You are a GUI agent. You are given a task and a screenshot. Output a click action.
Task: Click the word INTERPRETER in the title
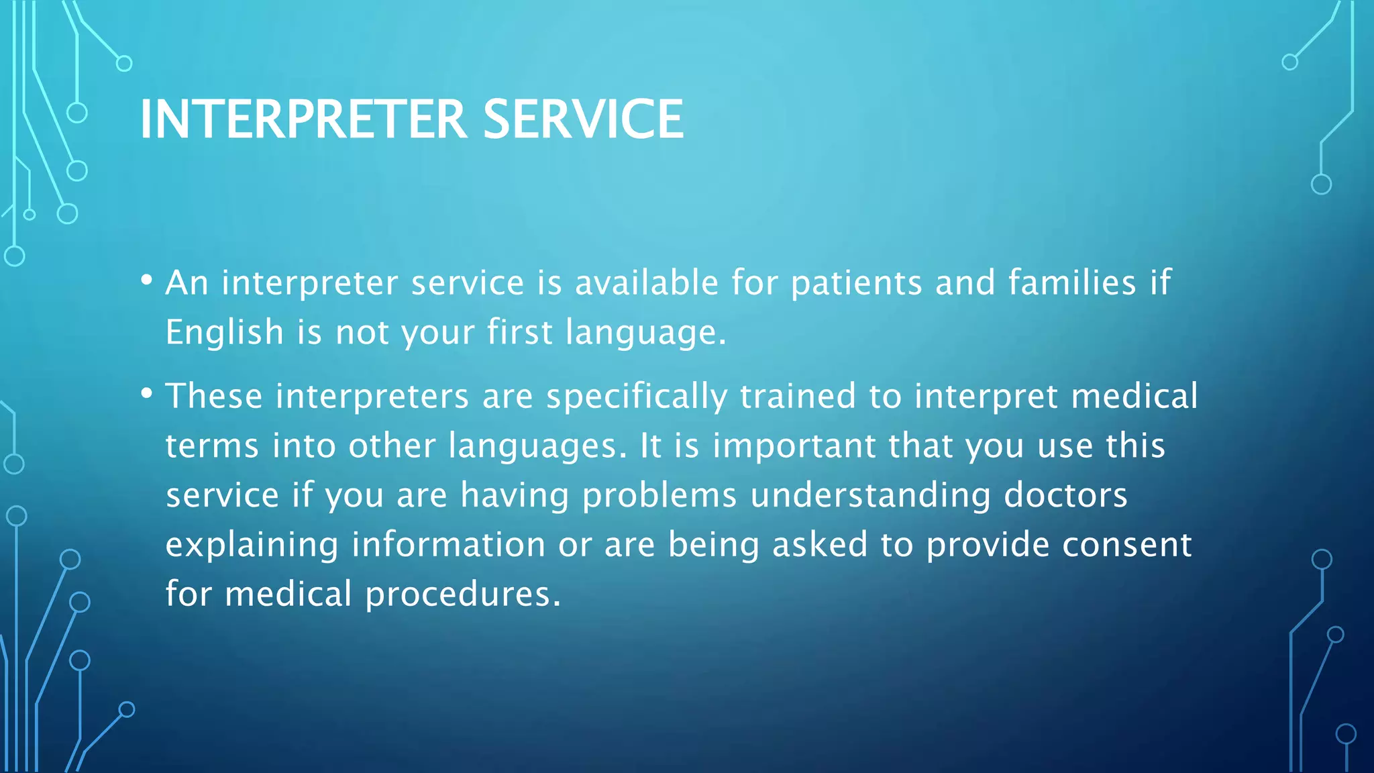(x=303, y=119)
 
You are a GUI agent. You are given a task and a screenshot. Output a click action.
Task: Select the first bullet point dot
(x=147, y=280)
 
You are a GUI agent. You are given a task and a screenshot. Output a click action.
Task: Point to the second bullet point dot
(x=147, y=394)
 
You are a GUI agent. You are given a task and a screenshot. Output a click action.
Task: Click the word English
(x=225, y=333)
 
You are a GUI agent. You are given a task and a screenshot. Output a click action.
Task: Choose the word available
(x=647, y=282)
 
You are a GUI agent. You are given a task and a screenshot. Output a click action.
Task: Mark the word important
(x=794, y=447)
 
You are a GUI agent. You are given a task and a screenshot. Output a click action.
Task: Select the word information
(x=448, y=545)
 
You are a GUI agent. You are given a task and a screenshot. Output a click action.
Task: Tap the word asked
(x=820, y=545)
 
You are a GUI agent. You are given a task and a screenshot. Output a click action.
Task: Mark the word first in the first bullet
(x=519, y=332)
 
